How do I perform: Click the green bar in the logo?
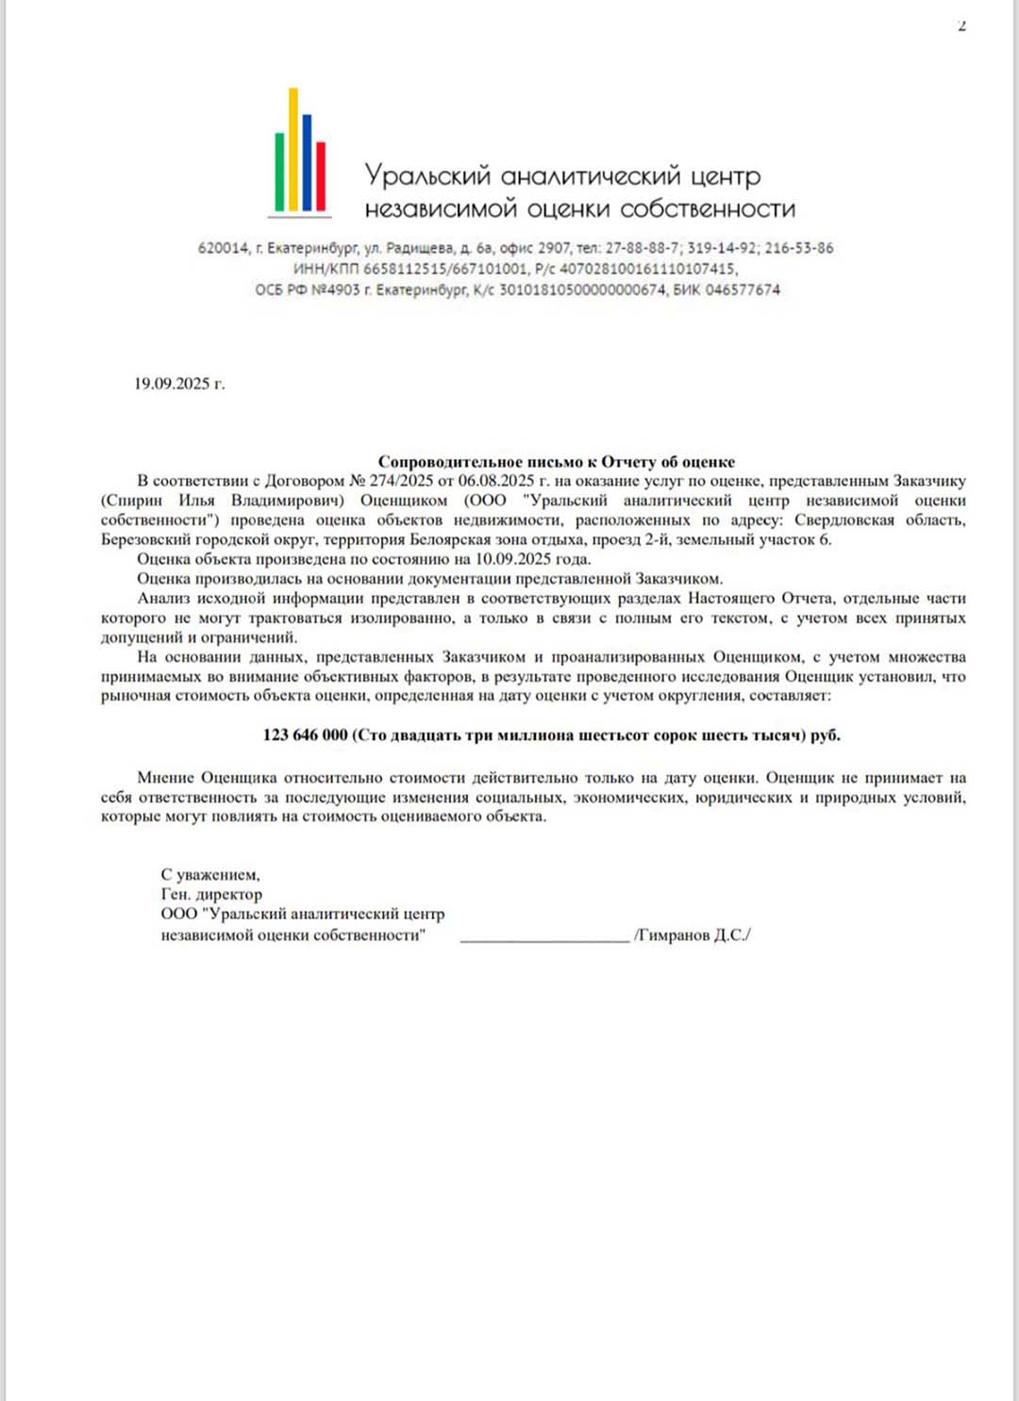(279, 172)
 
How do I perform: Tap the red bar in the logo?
(321, 175)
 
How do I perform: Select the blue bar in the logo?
(307, 162)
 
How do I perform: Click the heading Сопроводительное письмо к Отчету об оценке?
(556, 461)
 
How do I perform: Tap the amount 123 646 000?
(305, 735)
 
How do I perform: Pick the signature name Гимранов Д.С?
(693, 935)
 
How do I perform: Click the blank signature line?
(544, 937)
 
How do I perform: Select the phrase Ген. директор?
(211, 895)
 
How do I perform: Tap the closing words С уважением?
(209, 875)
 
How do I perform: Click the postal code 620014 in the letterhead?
(223, 249)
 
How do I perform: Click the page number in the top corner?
(961, 25)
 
